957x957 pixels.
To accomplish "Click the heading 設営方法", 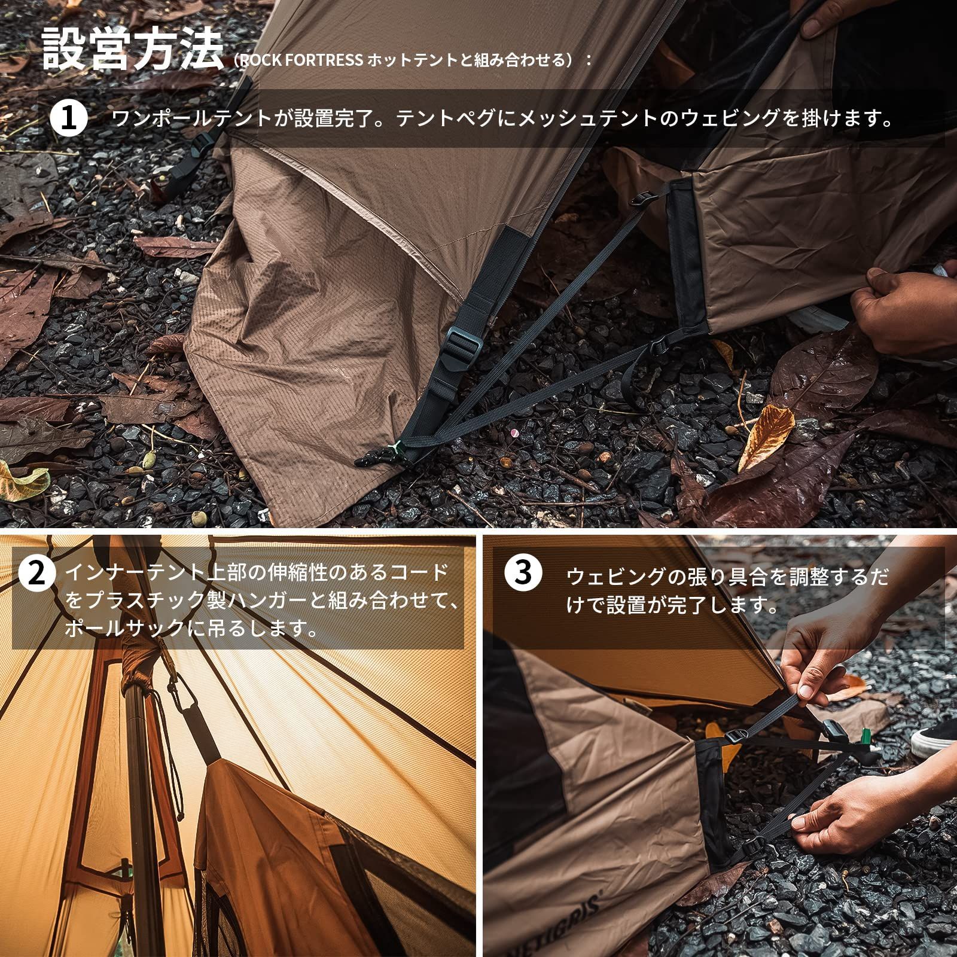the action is [133, 50].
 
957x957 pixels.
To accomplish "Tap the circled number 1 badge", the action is [69, 118].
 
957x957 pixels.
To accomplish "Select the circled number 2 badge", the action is [37, 573].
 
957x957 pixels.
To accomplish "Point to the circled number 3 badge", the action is [523, 573].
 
